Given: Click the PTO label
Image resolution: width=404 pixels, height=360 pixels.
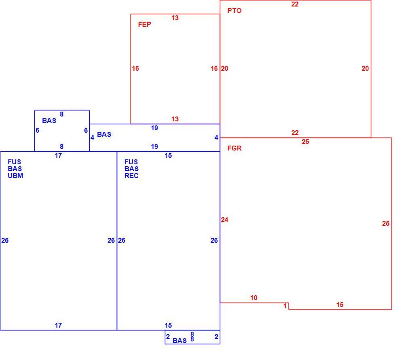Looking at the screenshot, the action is pyautogui.click(x=234, y=11).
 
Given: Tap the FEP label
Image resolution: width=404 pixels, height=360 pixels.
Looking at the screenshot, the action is pyautogui.click(x=144, y=24).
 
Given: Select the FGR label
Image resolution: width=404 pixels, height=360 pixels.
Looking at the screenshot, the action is pyautogui.click(x=234, y=148).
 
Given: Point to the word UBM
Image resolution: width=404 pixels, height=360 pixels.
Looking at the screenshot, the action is pyautogui.click(x=15, y=176).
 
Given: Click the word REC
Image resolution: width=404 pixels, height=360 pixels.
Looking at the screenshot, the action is pyautogui.click(x=131, y=176).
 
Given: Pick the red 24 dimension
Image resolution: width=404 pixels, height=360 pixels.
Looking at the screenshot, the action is pyautogui.click(x=225, y=220).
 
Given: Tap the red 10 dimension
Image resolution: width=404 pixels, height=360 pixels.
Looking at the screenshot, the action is pyautogui.click(x=254, y=298).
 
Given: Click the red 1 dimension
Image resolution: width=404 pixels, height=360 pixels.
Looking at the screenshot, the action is pyautogui.click(x=285, y=306).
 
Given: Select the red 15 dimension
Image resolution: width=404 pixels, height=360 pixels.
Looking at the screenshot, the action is pyautogui.click(x=340, y=305).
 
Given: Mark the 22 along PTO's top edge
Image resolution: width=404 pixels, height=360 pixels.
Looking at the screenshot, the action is pyautogui.click(x=295, y=4).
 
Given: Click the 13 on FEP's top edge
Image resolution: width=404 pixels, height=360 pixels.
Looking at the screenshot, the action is pyautogui.click(x=175, y=18).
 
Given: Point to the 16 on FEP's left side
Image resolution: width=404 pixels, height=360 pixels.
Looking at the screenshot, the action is pyautogui.click(x=135, y=68).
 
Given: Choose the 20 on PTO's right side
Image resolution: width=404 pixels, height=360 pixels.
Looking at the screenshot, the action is pyautogui.click(x=365, y=68).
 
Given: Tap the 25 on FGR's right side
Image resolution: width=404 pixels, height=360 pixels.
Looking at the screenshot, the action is pyautogui.click(x=386, y=223).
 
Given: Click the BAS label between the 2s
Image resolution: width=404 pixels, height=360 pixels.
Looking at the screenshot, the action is pyautogui.click(x=180, y=341).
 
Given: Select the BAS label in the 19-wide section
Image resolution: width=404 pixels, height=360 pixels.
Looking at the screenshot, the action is pyautogui.click(x=104, y=134).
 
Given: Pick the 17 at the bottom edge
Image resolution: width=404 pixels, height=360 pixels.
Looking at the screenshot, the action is pyautogui.click(x=58, y=326).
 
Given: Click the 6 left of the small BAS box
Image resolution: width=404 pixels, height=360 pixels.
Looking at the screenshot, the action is pyautogui.click(x=37, y=131).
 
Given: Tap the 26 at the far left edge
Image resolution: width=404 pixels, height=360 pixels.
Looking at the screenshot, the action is pyautogui.click(x=5, y=240).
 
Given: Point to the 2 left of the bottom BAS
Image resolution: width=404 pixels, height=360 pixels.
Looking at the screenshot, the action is pyautogui.click(x=168, y=337).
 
